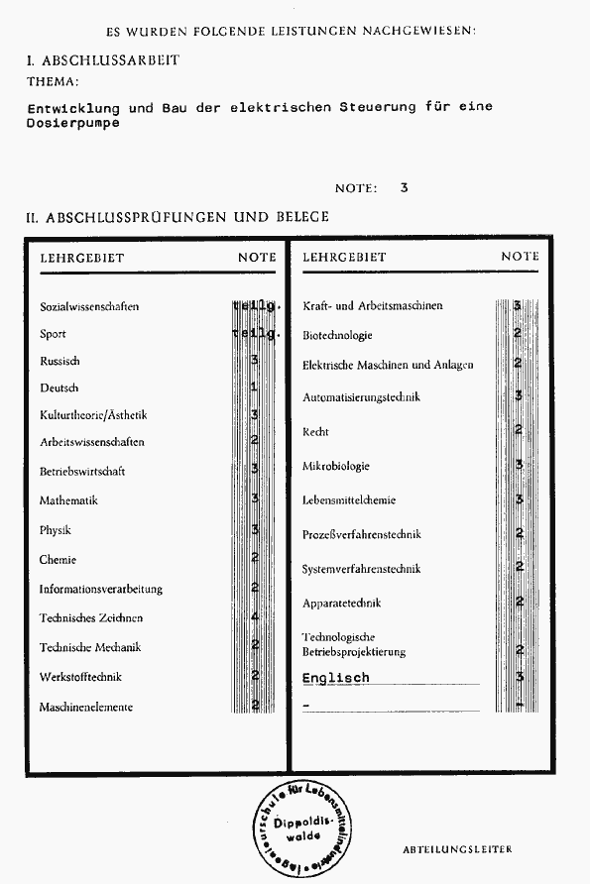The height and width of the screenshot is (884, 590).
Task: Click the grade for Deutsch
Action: tap(255, 387)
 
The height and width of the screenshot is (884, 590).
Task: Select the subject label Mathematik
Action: tap(68, 501)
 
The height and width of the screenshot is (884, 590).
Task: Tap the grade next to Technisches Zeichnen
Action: tap(255, 617)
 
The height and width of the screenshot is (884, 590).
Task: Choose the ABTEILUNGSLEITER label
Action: tap(457, 850)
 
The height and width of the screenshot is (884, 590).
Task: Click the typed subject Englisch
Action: tap(335, 678)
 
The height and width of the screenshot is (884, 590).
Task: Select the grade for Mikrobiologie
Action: tap(519, 465)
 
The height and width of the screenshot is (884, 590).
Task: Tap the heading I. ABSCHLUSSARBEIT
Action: tap(103, 60)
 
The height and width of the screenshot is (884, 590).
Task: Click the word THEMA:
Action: tap(54, 82)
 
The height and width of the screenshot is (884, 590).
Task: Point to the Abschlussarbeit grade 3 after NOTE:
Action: tap(404, 187)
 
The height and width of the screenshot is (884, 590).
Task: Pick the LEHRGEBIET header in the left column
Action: tap(81, 258)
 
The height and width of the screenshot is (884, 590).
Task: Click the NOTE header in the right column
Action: tap(520, 257)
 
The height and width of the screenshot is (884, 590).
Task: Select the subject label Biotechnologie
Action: tap(337, 335)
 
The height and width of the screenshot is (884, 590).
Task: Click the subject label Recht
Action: tap(315, 432)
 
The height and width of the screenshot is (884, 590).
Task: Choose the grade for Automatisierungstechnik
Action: tap(519, 396)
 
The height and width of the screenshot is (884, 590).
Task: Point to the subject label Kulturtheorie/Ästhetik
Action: tap(93, 415)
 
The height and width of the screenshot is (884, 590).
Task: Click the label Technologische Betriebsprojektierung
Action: tap(354, 644)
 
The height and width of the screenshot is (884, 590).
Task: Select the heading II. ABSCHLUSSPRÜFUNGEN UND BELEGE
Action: tap(177, 216)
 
